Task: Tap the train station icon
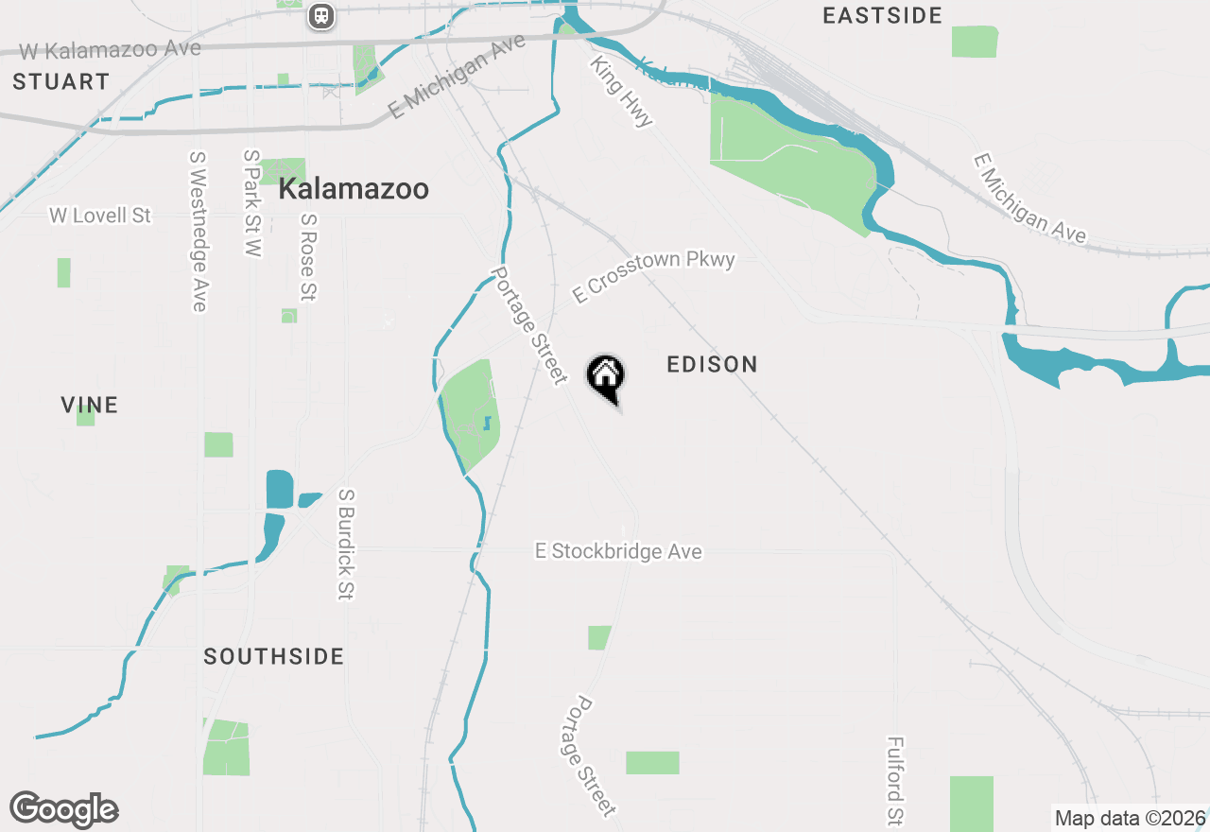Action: coord(321,16)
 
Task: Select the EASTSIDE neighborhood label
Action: coord(882,15)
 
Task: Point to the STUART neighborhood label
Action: coord(61,82)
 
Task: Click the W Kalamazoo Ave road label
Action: coord(111,49)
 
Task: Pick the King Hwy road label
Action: coord(621,91)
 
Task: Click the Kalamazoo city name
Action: coord(354,189)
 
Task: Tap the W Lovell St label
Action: coord(100,216)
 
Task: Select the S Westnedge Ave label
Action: coord(198,232)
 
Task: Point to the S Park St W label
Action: coord(251,202)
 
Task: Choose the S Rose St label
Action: coord(307,257)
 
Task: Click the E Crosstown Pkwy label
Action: coord(653,276)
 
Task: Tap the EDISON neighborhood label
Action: coord(712,365)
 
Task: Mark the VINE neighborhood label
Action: coord(90,406)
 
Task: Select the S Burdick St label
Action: coord(345,544)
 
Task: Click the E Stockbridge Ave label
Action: coord(618,551)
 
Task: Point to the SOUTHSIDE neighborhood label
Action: coord(273,657)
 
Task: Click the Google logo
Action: coord(64,810)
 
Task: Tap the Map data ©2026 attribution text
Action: coord(1130,819)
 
